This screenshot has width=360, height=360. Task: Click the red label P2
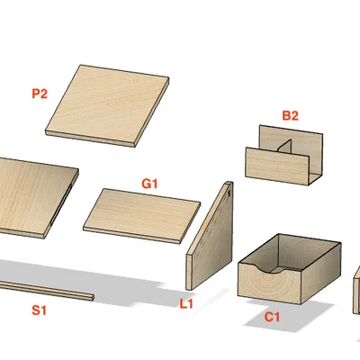(40, 94)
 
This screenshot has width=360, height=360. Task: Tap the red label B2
(290, 115)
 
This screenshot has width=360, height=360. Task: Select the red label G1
(149, 184)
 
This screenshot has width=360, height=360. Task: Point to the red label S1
(40, 310)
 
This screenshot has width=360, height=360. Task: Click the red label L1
(186, 304)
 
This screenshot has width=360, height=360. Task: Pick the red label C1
(272, 317)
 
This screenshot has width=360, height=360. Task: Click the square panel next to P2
(107, 105)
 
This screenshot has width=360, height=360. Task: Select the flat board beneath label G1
(141, 215)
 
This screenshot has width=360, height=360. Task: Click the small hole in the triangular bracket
(229, 193)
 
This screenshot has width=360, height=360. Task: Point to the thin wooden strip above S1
(47, 290)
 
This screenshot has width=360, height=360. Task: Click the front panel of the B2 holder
(277, 166)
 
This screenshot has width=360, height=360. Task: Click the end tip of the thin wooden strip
(93, 297)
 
